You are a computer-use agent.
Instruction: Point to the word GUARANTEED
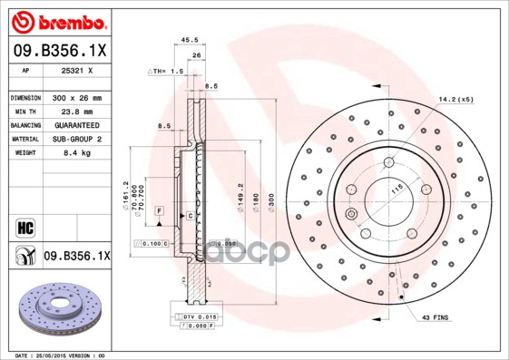tap(77, 124)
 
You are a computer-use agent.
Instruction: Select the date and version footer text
tap(54, 355)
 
